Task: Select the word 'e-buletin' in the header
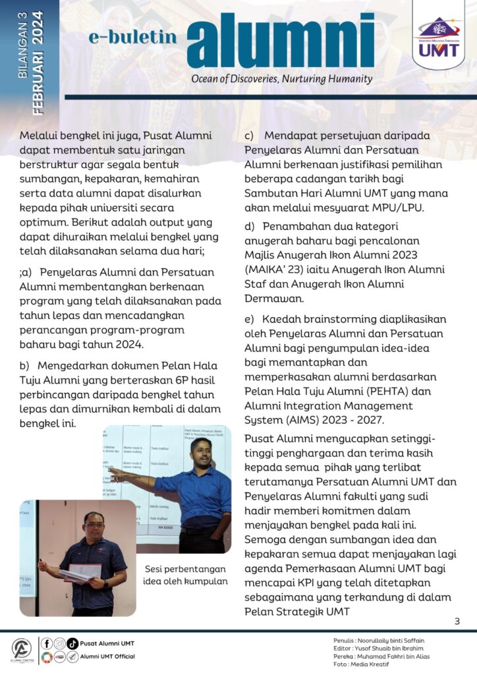click(x=132, y=38)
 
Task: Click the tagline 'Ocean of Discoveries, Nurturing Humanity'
click(x=281, y=79)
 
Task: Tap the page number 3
click(x=457, y=621)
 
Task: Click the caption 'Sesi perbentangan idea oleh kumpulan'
click(x=186, y=575)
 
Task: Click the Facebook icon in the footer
click(x=47, y=643)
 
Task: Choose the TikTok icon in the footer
click(x=72, y=643)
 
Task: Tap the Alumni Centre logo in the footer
click(x=21, y=650)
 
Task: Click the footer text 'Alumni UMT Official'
click(x=107, y=657)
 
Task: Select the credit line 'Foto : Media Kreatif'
click(x=362, y=664)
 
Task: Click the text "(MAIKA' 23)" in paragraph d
click(x=271, y=270)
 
